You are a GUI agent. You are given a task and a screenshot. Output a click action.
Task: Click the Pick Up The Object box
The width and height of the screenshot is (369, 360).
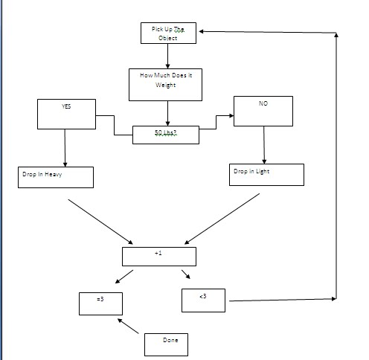(168, 33)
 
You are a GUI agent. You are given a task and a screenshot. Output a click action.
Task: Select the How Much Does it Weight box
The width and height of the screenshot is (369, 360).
(166, 85)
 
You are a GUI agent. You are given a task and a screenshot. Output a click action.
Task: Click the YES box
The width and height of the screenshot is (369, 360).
(65, 114)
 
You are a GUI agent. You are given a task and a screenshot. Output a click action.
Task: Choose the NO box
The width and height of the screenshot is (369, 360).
(263, 111)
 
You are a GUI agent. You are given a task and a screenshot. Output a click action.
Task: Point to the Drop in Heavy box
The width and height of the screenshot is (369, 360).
(56, 177)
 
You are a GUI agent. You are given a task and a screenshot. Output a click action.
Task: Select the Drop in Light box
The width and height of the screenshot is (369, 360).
(267, 174)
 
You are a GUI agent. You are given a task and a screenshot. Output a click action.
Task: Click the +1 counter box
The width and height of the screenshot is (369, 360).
(158, 256)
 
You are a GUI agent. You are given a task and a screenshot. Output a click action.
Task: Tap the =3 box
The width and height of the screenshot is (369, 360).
(100, 303)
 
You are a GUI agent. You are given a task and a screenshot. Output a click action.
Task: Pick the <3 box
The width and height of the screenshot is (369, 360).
(204, 300)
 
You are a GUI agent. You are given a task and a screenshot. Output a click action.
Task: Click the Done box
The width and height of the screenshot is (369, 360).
(164, 344)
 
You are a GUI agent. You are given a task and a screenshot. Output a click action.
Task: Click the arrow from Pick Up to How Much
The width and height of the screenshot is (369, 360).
(168, 56)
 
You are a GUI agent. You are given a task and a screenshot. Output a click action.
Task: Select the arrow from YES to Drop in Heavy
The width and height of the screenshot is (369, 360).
(65, 147)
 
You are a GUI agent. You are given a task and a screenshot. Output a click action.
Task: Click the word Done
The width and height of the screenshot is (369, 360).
(170, 340)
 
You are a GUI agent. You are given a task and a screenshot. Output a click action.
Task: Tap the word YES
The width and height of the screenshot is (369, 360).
(66, 106)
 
